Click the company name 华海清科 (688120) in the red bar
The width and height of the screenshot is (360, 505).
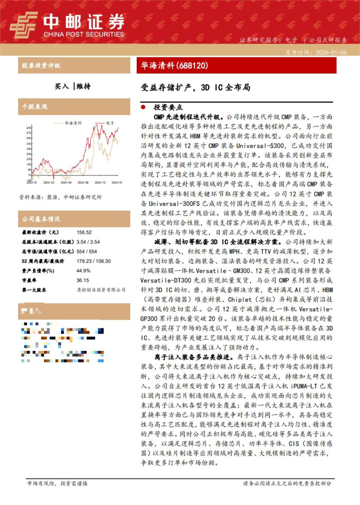(172, 65)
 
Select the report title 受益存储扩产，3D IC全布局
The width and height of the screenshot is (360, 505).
(196, 87)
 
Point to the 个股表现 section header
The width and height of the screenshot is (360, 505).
(35, 107)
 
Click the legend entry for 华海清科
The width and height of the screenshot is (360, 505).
(73, 123)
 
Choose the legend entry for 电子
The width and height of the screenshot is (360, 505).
(110, 123)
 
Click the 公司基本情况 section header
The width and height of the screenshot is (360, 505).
(41, 219)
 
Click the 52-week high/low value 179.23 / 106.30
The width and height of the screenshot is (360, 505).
(94, 261)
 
